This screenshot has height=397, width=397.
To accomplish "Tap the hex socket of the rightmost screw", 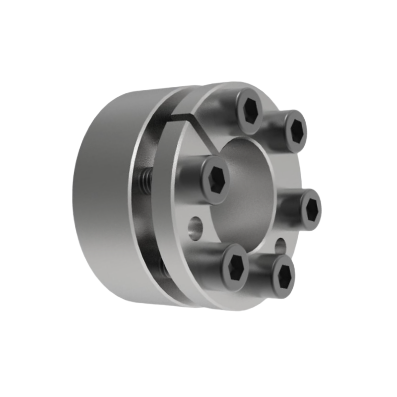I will pos(312,208).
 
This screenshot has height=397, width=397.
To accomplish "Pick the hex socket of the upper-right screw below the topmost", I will pos(297,131).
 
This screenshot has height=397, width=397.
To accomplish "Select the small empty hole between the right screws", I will pos(280,244).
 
